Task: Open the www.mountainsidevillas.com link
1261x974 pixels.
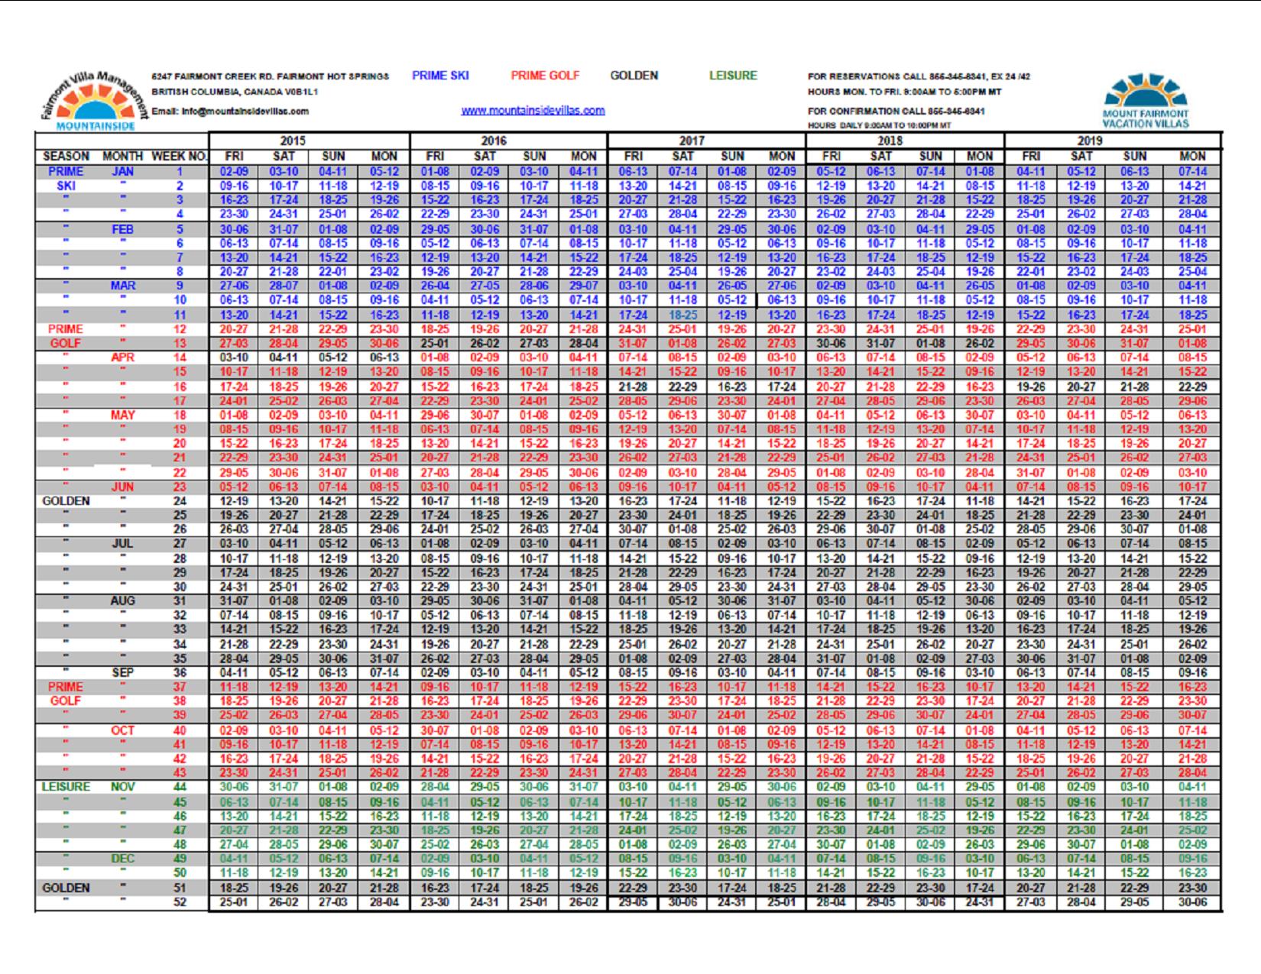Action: coord(533,111)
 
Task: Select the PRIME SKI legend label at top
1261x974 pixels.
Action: coord(440,76)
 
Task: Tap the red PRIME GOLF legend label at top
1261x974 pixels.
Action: coord(545,76)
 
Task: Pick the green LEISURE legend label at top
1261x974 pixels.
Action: coord(732,76)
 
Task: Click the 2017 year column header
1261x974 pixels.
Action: coord(691,141)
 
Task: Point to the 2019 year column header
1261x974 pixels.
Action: coord(1090,141)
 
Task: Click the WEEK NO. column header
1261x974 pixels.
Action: coord(180,157)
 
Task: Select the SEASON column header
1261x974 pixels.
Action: coord(66,157)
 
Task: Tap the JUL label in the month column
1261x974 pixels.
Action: coord(122,544)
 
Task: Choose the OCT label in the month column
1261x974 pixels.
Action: coord(122,730)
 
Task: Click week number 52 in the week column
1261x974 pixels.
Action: coord(180,902)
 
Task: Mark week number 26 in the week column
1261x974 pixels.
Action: coord(180,529)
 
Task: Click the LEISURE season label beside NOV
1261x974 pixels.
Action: coord(66,787)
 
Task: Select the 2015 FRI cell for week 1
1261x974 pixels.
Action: coord(233,172)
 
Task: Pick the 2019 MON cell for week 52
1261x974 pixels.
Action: coord(1192,902)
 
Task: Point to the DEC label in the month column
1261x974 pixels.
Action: coord(122,859)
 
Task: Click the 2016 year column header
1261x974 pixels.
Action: coord(493,141)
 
